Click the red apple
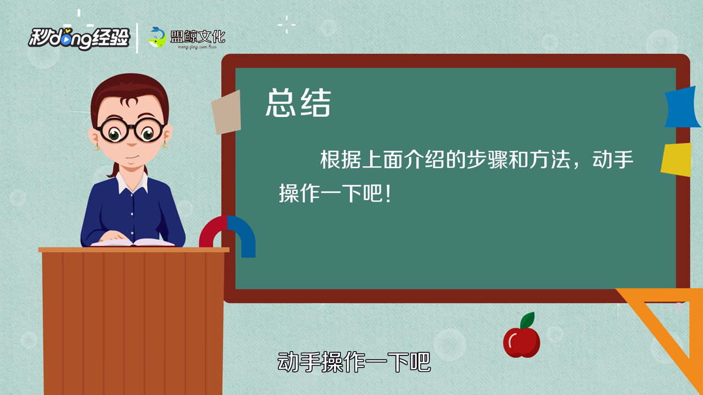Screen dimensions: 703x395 click(522, 342)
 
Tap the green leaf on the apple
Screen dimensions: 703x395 click(527, 320)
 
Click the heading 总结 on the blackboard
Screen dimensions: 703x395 click(298, 103)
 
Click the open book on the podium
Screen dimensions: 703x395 click(132, 242)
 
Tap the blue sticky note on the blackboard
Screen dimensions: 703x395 click(682, 108)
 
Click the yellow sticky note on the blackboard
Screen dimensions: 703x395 click(676, 159)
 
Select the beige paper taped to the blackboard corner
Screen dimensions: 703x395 click(226, 112)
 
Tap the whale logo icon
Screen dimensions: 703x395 click(158, 38)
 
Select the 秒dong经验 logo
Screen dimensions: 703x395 click(79, 39)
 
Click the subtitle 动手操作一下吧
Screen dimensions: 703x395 click(354, 362)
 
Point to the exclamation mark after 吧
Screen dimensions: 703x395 click(388, 194)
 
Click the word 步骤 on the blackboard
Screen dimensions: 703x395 click(487, 159)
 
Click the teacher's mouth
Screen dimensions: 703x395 click(132, 157)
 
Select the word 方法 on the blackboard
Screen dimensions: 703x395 click(550, 159)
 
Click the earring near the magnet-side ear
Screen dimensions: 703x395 click(164, 144)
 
